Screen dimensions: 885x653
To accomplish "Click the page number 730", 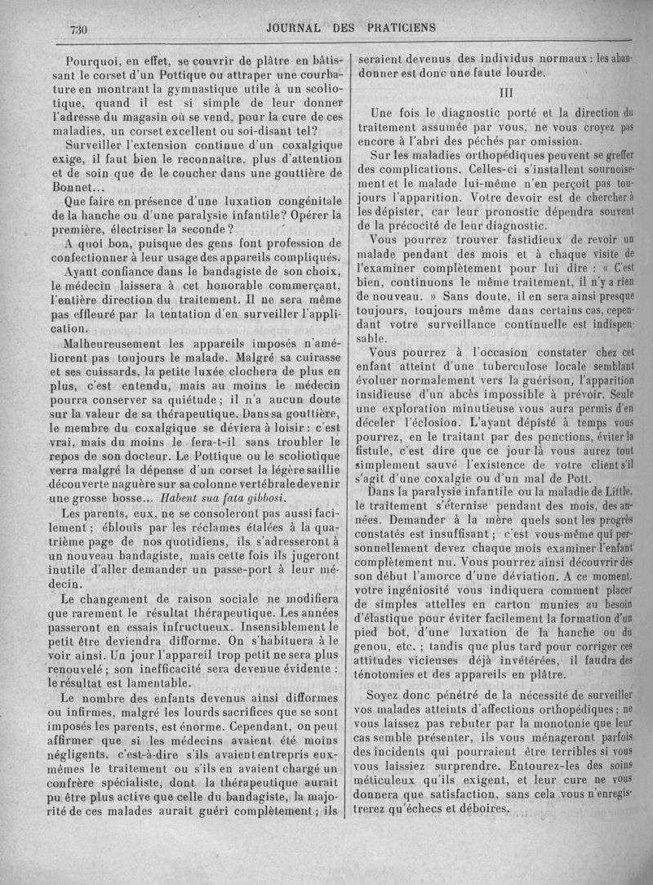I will (x=78, y=29).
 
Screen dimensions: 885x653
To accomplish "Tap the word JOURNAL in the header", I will (x=295, y=27).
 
